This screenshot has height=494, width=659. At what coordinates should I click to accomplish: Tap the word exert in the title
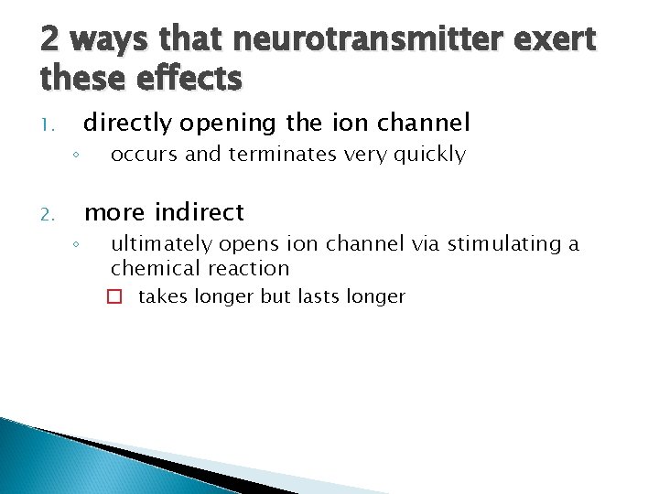[553, 40]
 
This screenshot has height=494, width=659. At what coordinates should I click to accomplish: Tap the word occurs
[145, 155]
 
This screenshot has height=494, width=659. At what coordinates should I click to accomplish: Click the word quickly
[427, 155]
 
